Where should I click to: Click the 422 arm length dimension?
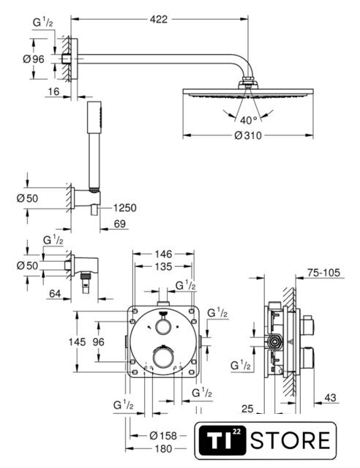click(x=159, y=20)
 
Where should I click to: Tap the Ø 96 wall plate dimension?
click(x=34, y=59)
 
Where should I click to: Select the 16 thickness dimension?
click(x=53, y=91)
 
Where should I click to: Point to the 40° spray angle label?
click(x=249, y=120)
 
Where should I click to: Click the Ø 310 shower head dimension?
click(x=248, y=136)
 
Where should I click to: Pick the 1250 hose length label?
click(x=125, y=208)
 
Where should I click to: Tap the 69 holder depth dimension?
click(x=120, y=224)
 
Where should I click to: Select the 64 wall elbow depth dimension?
click(x=55, y=294)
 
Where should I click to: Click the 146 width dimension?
click(x=163, y=254)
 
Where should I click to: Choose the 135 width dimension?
click(x=163, y=266)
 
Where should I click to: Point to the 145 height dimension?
click(x=77, y=341)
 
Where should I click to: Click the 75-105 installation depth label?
click(x=324, y=273)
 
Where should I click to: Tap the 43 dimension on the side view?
click(x=330, y=398)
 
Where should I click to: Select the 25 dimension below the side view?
click(x=247, y=409)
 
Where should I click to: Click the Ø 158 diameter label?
click(x=163, y=436)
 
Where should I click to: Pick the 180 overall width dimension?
click(x=164, y=448)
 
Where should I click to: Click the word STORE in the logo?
click(x=290, y=440)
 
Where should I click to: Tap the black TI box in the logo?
click(x=222, y=440)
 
